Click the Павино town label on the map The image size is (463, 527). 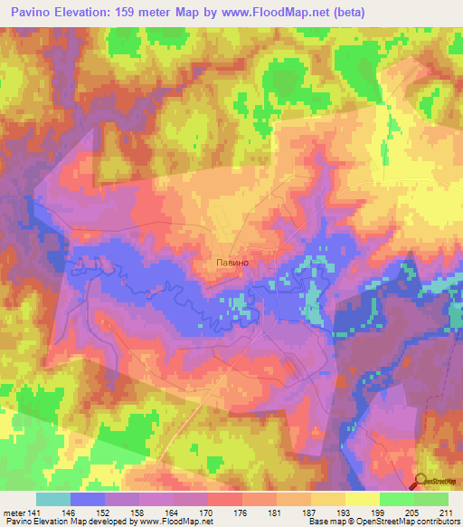point(232,263)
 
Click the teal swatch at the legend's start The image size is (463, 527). point(53,499)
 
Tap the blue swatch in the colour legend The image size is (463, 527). point(88,499)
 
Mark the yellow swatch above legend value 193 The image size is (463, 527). point(328,499)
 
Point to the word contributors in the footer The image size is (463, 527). point(438,522)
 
